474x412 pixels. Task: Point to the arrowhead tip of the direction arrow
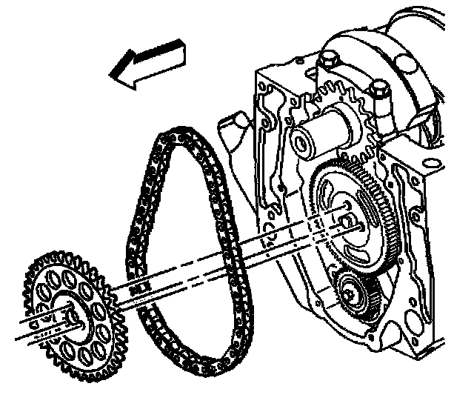click(109, 75)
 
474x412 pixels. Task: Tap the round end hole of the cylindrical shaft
click(301, 139)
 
